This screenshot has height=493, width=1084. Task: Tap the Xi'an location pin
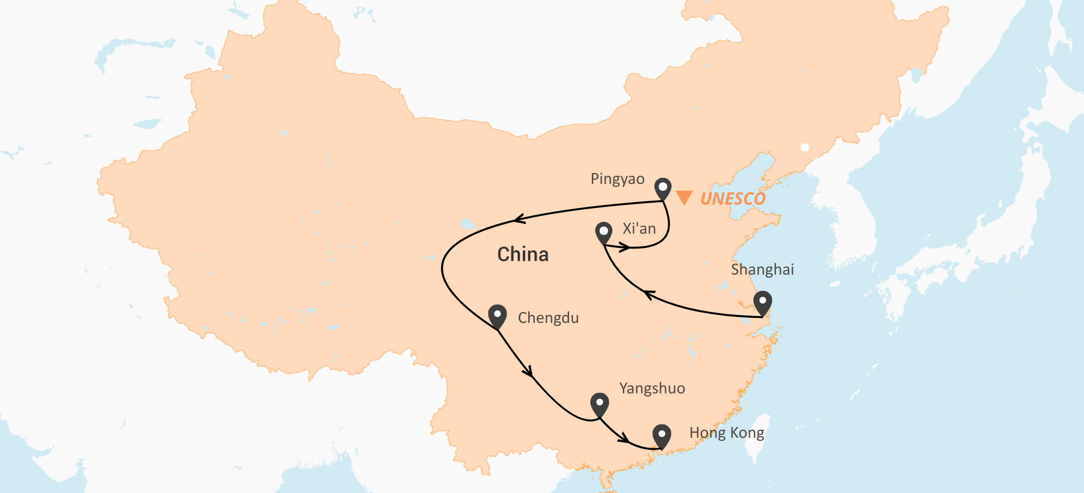pyautogui.click(x=604, y=232)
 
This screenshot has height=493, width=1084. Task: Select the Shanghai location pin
pyautogui.click(x=762, y=302)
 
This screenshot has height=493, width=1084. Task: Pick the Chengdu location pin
pyautogui.click(x=497, y=315)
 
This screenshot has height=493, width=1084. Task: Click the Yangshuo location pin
pyautogui.click(x=599, y=404)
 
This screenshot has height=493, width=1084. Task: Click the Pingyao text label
pyautogui.click(x=617, y=179)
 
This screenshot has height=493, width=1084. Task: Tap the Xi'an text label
pyautogui.click(x=639, y=229)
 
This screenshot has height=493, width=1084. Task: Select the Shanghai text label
pyautogui.click(x=762, y=270)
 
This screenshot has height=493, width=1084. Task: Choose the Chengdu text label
pyautogui.click(x=548, y=318)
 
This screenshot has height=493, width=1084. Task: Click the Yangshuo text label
pyautogui.click(x=652, y=388)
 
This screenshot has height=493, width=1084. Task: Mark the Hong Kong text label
pyautogui.click(x=727, y=433)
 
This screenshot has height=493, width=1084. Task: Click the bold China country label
pyautogui.click(x=523, y=254)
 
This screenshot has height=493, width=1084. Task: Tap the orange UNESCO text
pyautogui.click(x=733, y=199)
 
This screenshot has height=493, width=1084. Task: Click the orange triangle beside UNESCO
pyautogui.click(x=684, y=197)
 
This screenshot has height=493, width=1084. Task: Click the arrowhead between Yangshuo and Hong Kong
pyautogui.click(x=624, y=438)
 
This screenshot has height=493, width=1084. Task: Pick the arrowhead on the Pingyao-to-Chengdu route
pyautogui.click(x=519, y=219)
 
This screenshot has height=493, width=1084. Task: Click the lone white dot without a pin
pyautogui.click(x=805, y=147)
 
